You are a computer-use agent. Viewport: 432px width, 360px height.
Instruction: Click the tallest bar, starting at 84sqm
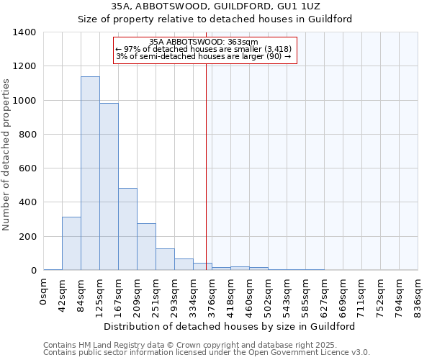point(90,173)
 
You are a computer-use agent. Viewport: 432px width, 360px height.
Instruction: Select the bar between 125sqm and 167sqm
point(109,186)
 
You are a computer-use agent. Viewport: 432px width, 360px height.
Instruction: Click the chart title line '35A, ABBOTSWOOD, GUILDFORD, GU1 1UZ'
point(215,6)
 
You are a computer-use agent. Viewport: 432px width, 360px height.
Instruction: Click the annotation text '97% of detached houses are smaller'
point(202,49)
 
